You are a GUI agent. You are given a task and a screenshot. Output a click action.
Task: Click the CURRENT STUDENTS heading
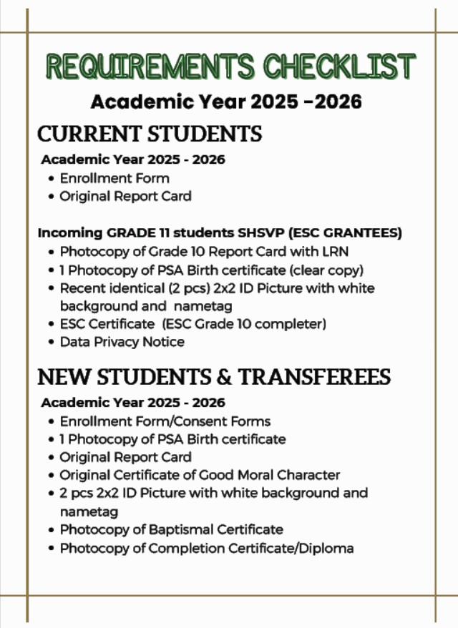[150, 134]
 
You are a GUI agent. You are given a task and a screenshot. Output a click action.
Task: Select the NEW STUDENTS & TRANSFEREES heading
[214, 376]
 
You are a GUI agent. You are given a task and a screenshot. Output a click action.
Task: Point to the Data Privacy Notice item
[122, 342]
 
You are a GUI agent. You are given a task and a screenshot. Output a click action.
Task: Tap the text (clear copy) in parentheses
[326, 270]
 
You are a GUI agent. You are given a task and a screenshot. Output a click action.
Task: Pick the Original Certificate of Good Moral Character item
[200, 475]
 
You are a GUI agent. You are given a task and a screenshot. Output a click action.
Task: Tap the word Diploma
[327, 549]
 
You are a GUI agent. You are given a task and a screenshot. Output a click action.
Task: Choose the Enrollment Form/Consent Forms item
[165, 421]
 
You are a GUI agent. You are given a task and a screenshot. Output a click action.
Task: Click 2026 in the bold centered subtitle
[336, 102]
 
